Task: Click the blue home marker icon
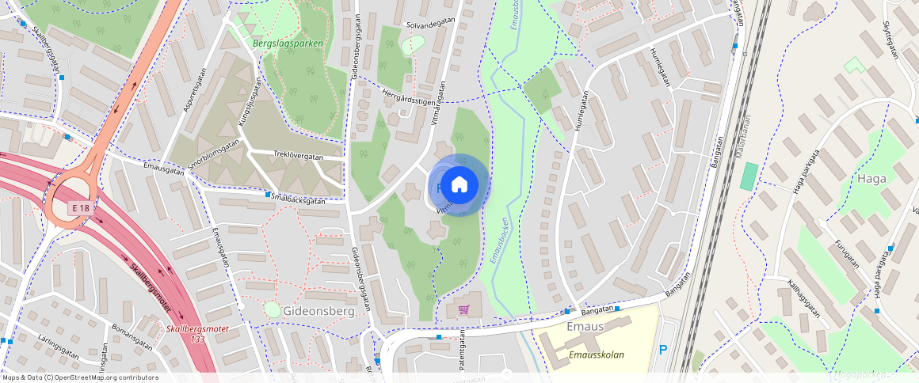tap(459, 184)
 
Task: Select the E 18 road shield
tap(79, 207)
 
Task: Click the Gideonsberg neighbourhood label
tap(318, 311)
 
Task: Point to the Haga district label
tap(871, 179)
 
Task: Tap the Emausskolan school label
tap(597, 355)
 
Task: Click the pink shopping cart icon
tap(464, 309)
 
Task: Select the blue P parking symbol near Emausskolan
tap(663, 350)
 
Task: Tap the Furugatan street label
tap(847, 250)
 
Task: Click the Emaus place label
tap(586, 327)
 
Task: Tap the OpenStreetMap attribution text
tap(81, 377)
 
